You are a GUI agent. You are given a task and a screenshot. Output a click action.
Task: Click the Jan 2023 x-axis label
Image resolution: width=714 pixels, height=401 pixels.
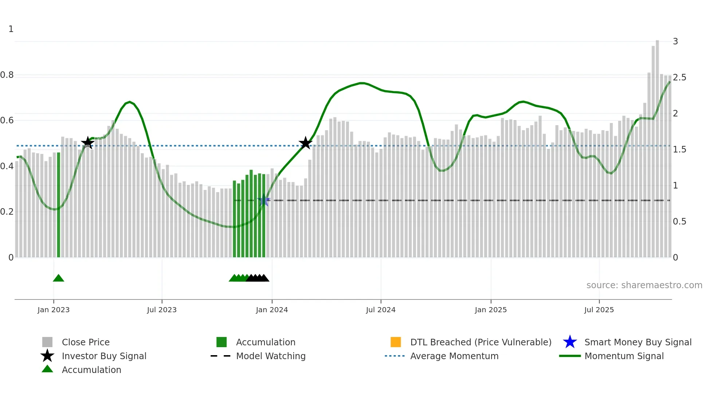(x=53, y=310)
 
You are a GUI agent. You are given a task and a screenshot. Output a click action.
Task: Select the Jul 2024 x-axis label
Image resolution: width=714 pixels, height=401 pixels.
(x=381, y=310)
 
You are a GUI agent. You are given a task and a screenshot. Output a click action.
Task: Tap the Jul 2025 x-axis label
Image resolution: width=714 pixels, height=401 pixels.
(x=599, y=310)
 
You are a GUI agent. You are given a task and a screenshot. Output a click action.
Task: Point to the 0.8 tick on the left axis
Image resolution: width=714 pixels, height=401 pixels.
(x=7, y=75)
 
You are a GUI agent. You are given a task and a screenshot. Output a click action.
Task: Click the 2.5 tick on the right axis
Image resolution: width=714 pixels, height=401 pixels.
(x=679, y=78)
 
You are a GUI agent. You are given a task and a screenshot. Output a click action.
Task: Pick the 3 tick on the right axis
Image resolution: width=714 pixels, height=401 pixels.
(x=675, y=41)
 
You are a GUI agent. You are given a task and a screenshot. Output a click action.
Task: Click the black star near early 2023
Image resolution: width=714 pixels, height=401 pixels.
(x=87, y=143)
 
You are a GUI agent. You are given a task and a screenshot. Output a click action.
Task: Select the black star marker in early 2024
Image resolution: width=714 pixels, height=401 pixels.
(x=306, y=143)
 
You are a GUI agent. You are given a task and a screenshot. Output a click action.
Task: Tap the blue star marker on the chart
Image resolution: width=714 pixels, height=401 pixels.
(x=264, y=200)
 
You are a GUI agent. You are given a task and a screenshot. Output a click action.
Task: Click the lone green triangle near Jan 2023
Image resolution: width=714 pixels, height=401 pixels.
(x=58, y=278)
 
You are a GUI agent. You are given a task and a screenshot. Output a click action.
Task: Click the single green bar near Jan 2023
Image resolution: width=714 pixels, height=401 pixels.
(x=59, y=204)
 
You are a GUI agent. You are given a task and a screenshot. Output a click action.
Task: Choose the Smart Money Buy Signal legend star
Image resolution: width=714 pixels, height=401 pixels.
(x=570, y=342)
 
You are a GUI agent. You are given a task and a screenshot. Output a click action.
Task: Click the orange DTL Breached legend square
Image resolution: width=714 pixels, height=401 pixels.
(x=396, y=342)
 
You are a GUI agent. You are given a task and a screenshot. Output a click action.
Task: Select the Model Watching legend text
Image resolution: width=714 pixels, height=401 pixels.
(x=271, y=356)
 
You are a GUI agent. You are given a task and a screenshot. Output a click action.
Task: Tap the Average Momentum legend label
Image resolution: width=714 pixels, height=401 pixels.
(x=454, y=356)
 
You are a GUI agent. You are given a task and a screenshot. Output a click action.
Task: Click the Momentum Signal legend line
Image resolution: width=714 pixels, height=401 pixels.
(x=570, y=356)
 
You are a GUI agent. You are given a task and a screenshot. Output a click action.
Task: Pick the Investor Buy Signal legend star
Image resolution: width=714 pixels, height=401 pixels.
(x=47, y=356)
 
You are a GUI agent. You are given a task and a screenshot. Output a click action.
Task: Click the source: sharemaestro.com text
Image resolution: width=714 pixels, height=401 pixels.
(x=644, y=285)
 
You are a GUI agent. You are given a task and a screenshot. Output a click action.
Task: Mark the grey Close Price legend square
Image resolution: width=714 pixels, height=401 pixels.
(x=47, y=342)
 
